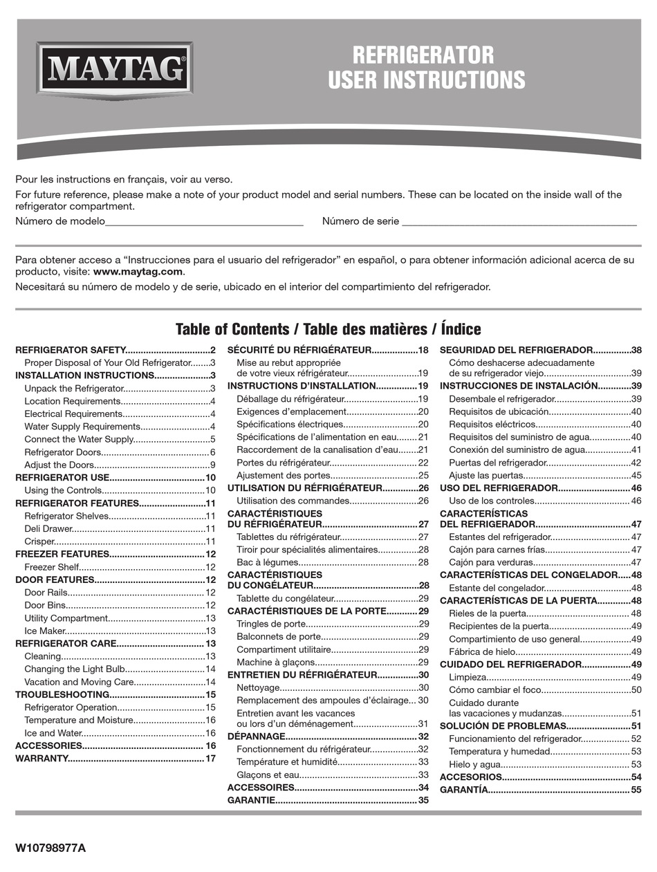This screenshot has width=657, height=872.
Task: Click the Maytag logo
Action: click(114, 68)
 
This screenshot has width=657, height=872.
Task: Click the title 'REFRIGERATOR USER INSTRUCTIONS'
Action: click(426, 67)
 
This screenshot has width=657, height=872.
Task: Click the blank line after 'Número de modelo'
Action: click(204, 222)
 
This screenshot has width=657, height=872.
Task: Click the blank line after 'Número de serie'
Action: click(519, 222)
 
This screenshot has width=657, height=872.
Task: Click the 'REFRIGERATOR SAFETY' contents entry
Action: click(70, 350)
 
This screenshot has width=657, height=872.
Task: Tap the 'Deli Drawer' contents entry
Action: click(48, 528)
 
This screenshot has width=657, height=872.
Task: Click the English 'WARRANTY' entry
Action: click(41, 759)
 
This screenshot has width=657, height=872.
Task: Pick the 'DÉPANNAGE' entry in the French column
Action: click(257, 736)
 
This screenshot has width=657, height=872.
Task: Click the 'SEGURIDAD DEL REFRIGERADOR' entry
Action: click(516, 350)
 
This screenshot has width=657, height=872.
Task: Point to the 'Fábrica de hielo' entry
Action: click(481, 651)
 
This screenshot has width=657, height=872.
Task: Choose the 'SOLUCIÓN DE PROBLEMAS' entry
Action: click(503, 725)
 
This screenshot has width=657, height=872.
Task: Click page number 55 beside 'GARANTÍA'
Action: click(636, 789)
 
